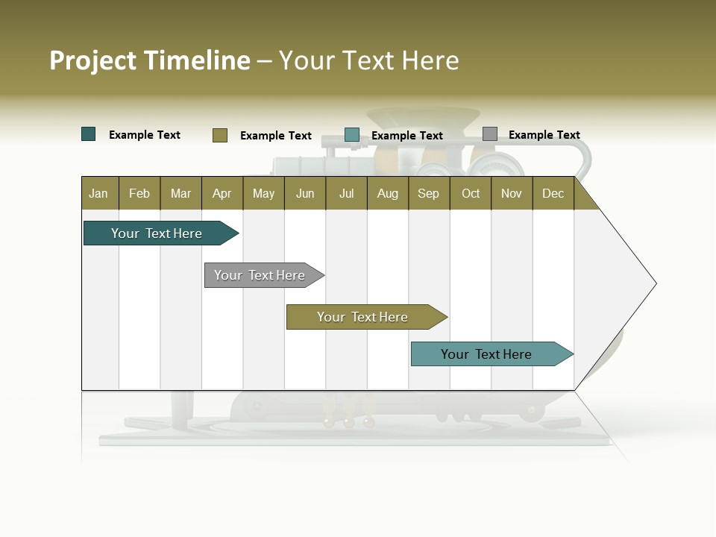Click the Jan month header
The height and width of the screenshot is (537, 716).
pyautogui.click(x=99, y=193)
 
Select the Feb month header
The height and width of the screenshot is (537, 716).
pyautogui.click(x=139, y=193)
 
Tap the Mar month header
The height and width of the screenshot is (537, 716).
pyautogui.click(x=180, y=193)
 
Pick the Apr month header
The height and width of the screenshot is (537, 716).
pyautogui.click(x=222, y=193)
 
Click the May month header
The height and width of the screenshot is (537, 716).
pyautogui.click(x=263, y=193)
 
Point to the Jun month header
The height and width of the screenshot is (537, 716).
pyautogui.click(x=305, y=193)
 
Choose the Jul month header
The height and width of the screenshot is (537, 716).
pyautogui.click(x=346, y=193)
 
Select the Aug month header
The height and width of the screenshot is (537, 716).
pyautogui.click(x=388, y=193)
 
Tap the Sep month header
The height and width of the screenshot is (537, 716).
pyautogui.click(x=429, y=193)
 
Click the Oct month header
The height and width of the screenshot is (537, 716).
pyautogui.click(x=471, y=193)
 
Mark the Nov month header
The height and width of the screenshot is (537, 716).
pyautogui.click(x=512, y=193)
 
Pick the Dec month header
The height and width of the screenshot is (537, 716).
pyautogui.click(x=553, y=193)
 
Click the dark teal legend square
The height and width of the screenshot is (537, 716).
pyautogui.click(x=89, y=134)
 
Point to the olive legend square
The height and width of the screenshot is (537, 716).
pyautogui.click(x=220, y=135)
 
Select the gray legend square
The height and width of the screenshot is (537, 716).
pyautogui.click(x=490, y=134)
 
